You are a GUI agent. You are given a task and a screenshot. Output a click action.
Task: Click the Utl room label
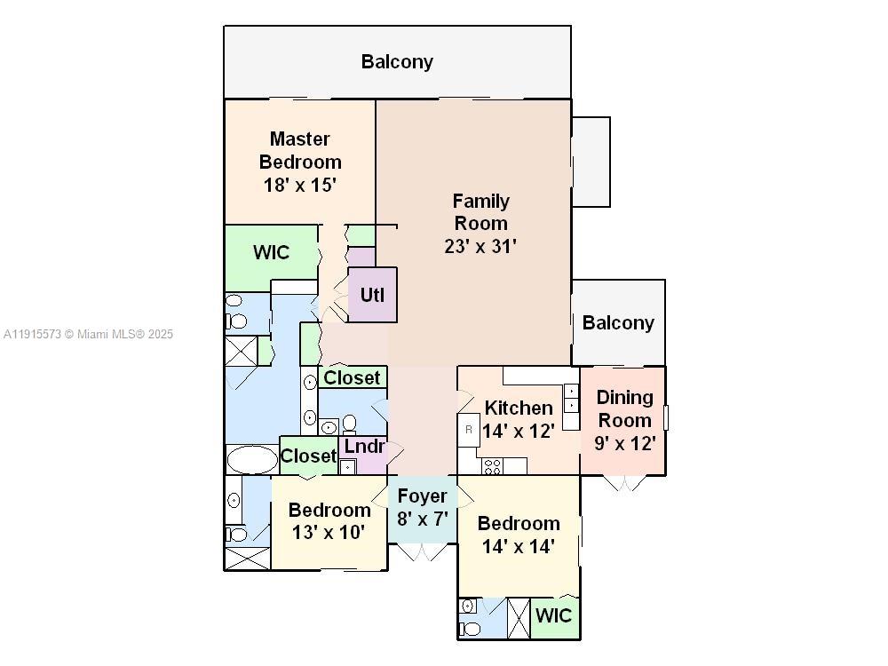tap(372, 295)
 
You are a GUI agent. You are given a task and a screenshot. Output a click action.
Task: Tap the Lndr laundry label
tap(364, 447)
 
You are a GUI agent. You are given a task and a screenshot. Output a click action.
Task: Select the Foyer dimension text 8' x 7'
tap(422, 519)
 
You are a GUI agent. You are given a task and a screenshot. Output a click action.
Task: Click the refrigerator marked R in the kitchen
tap(469, 430)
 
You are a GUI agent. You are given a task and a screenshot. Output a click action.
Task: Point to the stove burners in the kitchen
tap(492, 465)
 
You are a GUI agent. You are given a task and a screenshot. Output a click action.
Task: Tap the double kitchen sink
tap(571, 397)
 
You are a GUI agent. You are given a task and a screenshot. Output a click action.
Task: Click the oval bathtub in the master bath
tap(252, 460)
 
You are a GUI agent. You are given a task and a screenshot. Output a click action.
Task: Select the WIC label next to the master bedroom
tap(271, 252)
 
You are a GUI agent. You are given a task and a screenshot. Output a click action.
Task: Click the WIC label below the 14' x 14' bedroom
tap(554, 615)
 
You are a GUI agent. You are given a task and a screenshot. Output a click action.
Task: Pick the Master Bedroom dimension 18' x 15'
tap(300, 185)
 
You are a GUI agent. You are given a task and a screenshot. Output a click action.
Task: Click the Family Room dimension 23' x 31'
tap(480, 246)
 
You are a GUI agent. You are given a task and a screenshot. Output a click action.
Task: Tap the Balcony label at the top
tap(397, 61)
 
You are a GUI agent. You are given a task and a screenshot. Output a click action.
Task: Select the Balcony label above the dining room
tap(618, 322)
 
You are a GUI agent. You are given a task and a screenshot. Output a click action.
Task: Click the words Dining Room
tap(624, 408)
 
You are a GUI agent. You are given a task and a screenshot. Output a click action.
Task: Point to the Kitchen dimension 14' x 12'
tap(519, 431)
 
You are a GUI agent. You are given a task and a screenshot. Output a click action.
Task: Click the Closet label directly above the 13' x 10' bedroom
tap(308, 456)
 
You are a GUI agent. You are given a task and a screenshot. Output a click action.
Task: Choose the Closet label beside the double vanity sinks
tap(352, 377)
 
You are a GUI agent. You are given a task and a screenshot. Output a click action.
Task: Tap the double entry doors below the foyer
tap(423, 552)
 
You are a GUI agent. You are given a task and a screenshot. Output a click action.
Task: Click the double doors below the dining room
tap(625, 483)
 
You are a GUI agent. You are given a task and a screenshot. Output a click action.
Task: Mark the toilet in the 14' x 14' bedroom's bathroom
tap(472, 629)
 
